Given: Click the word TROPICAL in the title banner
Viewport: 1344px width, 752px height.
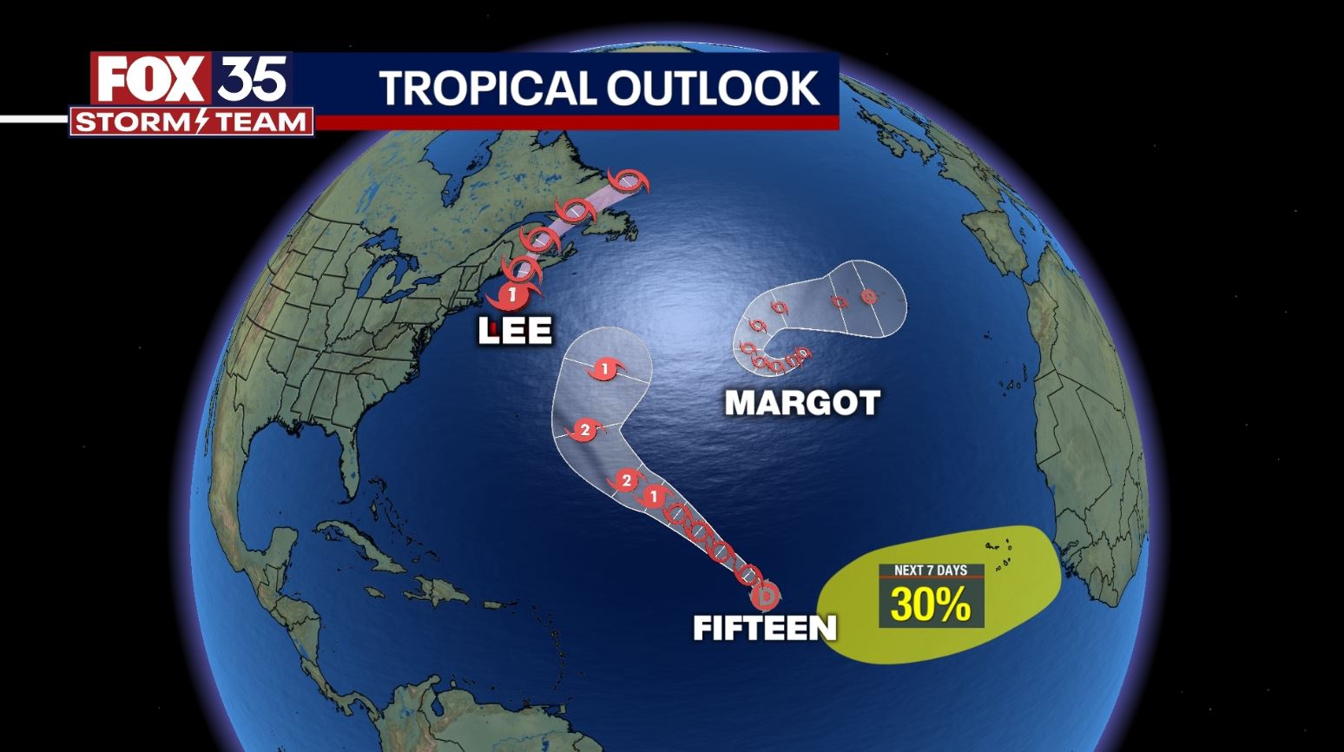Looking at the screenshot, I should click(487, 88).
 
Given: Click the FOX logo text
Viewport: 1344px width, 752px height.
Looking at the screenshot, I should click(150, 79).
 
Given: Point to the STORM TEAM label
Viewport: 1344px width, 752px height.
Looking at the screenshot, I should click(192, 122).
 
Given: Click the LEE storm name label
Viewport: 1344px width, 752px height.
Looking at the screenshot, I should click(515, 330).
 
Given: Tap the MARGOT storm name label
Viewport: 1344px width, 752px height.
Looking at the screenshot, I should click(801, 402).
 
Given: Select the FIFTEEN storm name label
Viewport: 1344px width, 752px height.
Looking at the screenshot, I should click(764, 627).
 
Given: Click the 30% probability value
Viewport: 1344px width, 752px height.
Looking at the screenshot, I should click(931, 604).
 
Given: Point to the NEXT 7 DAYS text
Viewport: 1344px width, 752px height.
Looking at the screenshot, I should click(931, 571).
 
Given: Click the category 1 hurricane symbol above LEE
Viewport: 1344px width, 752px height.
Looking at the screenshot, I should click(511, 295).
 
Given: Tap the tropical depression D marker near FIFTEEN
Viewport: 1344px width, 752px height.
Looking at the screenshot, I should click(766, 597).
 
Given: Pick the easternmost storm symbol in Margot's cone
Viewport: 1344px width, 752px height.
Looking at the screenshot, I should click(868, 297).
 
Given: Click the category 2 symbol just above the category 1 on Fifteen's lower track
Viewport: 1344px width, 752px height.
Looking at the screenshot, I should click(625, 481).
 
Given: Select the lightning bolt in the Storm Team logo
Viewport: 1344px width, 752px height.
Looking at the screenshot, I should click(202, 122).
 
